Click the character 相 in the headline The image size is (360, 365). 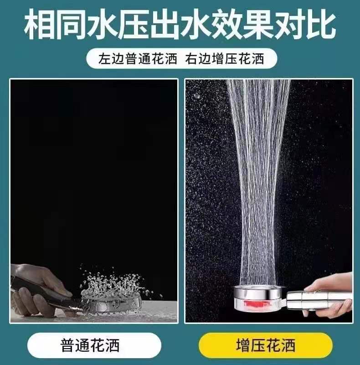point(39,25)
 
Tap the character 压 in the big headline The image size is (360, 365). point(133,25)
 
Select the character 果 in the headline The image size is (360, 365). point(257,25)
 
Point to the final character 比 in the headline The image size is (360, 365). point(320,25)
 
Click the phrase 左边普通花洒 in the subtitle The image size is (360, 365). point(138,58)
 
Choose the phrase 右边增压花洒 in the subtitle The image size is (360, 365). point(225,58)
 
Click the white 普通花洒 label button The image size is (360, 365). point(94,345)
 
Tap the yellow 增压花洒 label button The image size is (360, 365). point(266,345)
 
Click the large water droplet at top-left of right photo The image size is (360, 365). point(197,96)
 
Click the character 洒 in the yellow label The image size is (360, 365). point(288,345)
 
